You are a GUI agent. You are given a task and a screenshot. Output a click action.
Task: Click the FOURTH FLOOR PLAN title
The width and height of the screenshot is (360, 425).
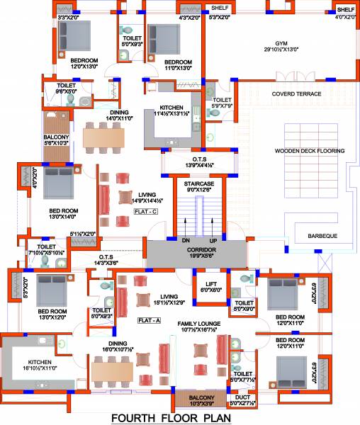[179, 417]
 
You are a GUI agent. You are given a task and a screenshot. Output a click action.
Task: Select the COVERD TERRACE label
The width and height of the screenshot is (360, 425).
[296, 93]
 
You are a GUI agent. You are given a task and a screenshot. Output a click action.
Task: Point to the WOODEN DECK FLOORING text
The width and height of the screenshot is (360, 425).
[310, 151]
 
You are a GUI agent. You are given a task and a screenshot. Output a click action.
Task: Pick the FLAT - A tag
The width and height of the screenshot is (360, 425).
[149, 320]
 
